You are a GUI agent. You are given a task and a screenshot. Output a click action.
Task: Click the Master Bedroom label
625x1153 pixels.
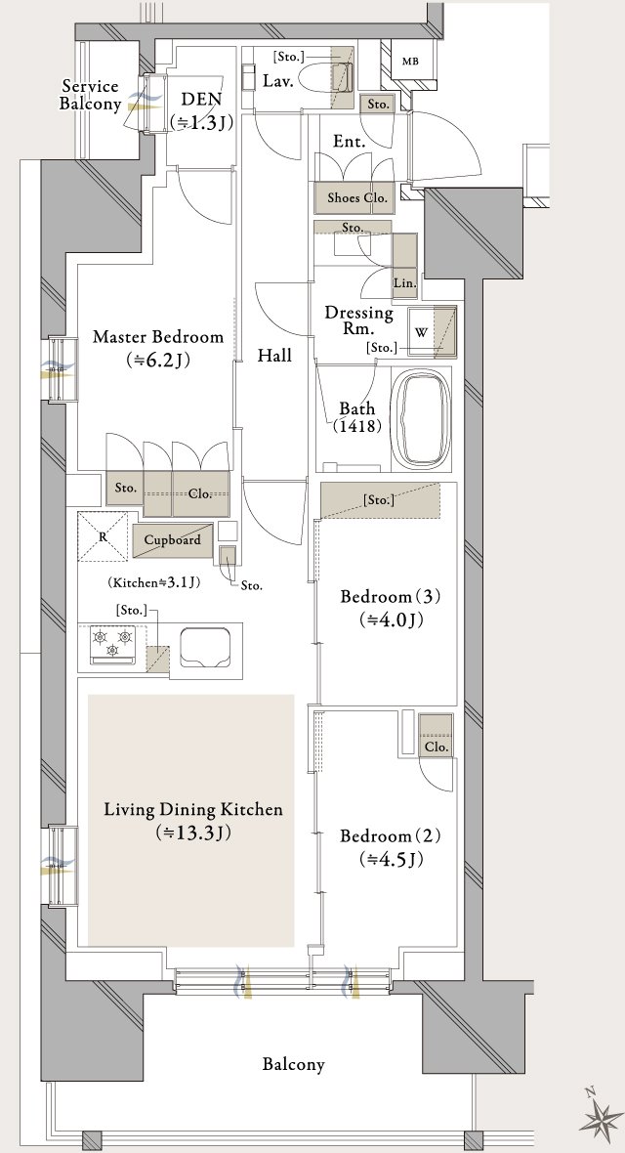(158, 337)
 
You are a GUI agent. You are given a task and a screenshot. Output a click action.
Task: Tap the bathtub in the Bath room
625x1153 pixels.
(422, 418)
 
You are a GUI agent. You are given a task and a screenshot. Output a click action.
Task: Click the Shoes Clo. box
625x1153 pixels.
(353, 197)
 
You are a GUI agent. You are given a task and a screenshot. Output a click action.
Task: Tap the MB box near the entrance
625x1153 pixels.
(410, 61)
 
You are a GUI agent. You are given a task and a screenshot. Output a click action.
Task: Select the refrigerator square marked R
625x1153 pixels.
(103, 536)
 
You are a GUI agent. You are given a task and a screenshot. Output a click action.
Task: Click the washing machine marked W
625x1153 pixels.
(433, 331)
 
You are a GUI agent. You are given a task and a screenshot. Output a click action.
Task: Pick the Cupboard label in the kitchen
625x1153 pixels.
(172, 539)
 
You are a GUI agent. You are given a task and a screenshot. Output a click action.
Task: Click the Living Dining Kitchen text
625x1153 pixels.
(193, 810)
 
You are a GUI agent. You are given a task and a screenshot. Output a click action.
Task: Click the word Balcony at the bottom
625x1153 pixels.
(293, 1064)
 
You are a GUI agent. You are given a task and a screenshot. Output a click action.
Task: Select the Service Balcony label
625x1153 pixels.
(91, 96)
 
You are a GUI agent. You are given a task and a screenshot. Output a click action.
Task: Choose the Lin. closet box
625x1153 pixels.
(404, 267)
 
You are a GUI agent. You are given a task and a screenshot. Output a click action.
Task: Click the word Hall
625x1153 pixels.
(274, 356)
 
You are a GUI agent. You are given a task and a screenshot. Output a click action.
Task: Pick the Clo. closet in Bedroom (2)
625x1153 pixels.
(436, 736)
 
